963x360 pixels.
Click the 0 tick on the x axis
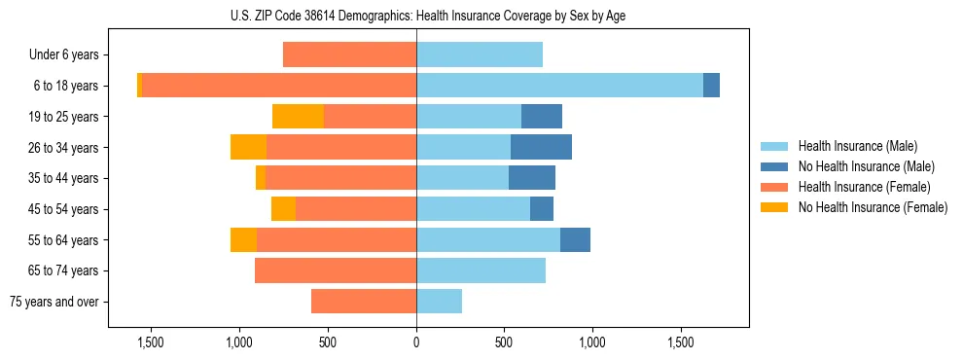(x=416, y=342)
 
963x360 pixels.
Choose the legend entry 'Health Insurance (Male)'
(x=857, y=146)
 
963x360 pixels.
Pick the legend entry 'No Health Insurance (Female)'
(x=873, y=207)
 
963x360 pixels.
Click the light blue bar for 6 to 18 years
(x=559, y=86)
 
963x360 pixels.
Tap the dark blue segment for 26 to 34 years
(x=541, y=147)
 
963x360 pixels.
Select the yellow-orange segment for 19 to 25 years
(x=298, y=117)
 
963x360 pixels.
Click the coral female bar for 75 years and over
(x=364, y=302)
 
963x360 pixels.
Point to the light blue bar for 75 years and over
(x=439, y=302)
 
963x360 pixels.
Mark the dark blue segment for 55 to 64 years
(x=575, y=239)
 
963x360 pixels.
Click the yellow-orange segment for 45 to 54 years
(x=283, y=209)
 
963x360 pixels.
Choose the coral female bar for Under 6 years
(x=349, y=55)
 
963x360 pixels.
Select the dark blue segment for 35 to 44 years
(x=532, y=178)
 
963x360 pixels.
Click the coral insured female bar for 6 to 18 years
(x=279, y=86)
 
